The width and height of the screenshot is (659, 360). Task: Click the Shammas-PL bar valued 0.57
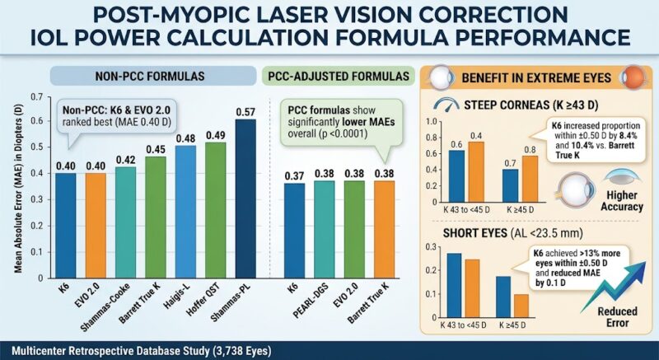click(x=245, y=199)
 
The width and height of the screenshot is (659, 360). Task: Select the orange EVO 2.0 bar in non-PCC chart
click(x=96, y=226)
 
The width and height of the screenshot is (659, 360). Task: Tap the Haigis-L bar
click(x=185, y=212)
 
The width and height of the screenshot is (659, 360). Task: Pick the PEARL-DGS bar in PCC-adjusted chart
click(x=325, y=229)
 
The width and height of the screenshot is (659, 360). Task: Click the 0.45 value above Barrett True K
click(x=156, y=150)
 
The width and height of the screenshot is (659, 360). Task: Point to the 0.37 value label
click(x=294, y=176)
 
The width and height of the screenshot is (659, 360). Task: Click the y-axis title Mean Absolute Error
click(x=18, y=188)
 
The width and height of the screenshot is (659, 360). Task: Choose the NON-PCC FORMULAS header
click(x=150, y=76)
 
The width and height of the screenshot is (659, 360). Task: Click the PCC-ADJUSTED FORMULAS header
click(x=339, y=76)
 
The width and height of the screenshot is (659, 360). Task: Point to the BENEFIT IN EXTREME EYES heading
click(x=536, y=78)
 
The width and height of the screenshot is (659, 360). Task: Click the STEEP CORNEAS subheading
click(x=531, y=105)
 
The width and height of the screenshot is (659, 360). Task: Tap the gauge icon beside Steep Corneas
click(x=446, y=105)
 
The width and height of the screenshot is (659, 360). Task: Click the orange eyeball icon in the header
click(x=635, y=77)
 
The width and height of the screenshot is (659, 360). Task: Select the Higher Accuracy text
click(x=622, y=201)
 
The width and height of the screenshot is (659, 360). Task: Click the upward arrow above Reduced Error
click(x=615, y=287)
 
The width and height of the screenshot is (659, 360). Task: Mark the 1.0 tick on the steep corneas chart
click(x=432, y=122)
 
